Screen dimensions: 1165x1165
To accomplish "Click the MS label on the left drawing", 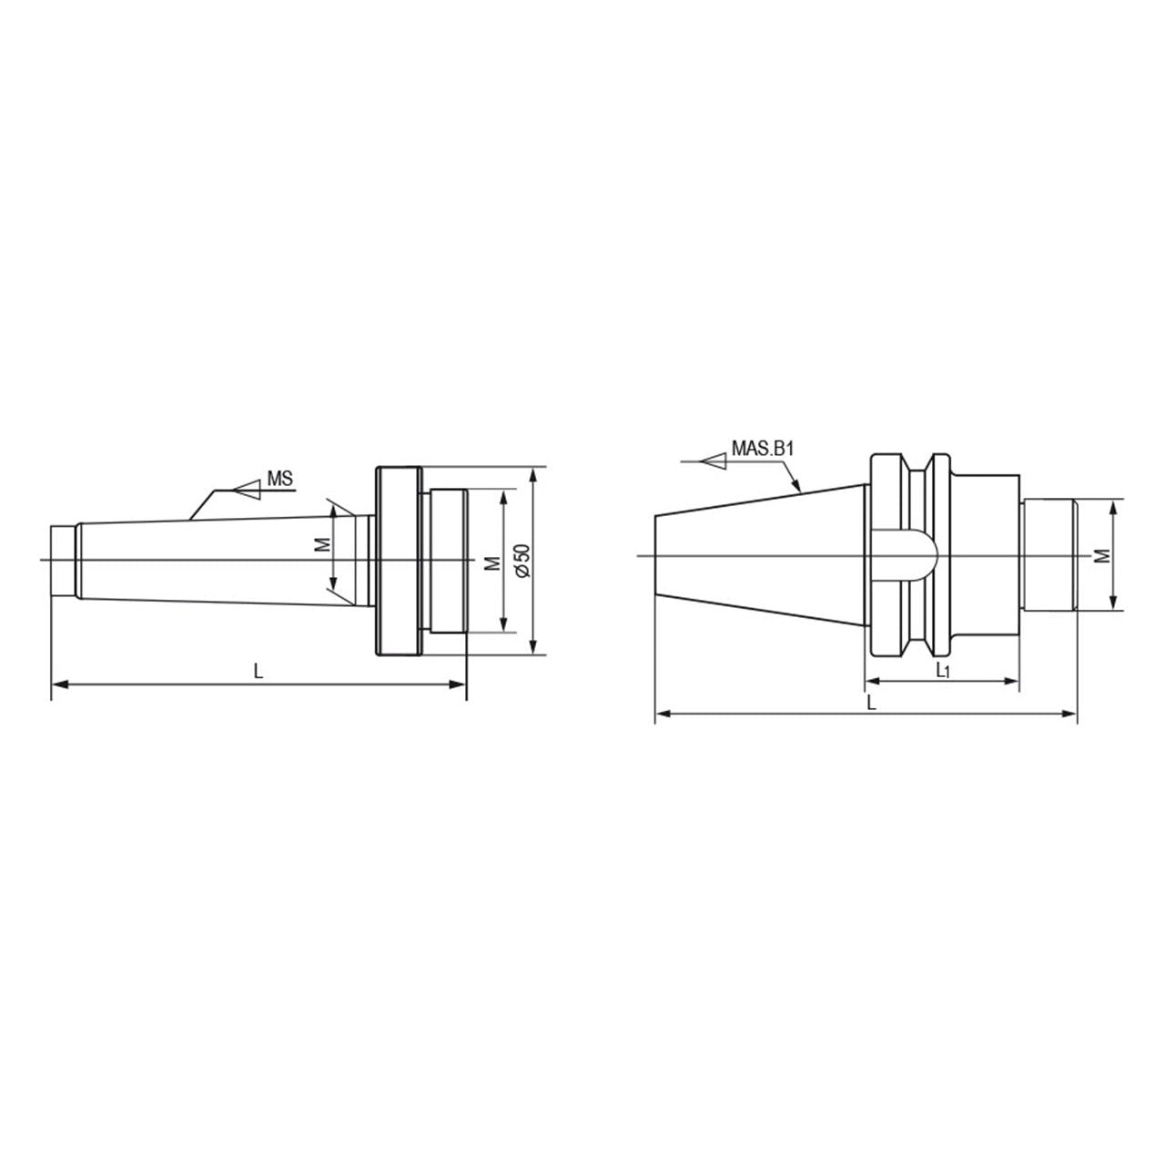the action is click(x=280, y=479).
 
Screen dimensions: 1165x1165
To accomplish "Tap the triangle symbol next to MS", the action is click(x=248, y=489).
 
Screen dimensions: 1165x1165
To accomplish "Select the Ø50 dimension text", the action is click(x=523, y=561).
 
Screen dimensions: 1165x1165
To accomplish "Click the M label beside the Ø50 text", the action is click(x=494, y=562).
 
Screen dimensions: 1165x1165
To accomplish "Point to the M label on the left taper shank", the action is click(x=324, y=544).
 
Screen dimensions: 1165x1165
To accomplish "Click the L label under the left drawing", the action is click(x=258, y=671).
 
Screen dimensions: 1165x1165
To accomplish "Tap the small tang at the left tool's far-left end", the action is click(x=63, y=561).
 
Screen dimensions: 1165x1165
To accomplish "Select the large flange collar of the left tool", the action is click(x=399, y=561).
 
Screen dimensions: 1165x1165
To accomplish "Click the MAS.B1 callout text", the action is click(x=762, y=449).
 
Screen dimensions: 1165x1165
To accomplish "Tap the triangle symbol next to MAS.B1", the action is click(x=714, y=461).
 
